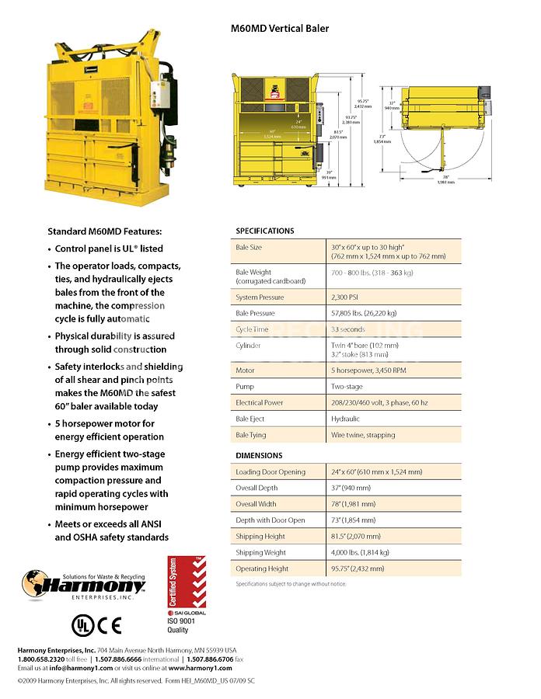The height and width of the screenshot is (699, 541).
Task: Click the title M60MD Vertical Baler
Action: point(280,29)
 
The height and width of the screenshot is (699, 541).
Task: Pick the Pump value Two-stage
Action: point(348,386)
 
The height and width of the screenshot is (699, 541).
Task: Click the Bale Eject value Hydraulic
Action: point(347,419)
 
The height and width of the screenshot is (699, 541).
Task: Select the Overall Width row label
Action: point(257,504)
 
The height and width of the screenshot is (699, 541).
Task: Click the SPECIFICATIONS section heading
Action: point(265,231)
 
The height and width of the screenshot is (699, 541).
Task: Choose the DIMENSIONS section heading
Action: point(259,455)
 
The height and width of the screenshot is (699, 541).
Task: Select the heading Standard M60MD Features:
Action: point(105,231)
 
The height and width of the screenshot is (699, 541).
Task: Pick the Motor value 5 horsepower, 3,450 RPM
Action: point(368,370)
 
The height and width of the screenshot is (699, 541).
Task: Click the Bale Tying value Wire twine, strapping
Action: point(363,435)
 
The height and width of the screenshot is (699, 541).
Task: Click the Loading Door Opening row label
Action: point(270,471)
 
